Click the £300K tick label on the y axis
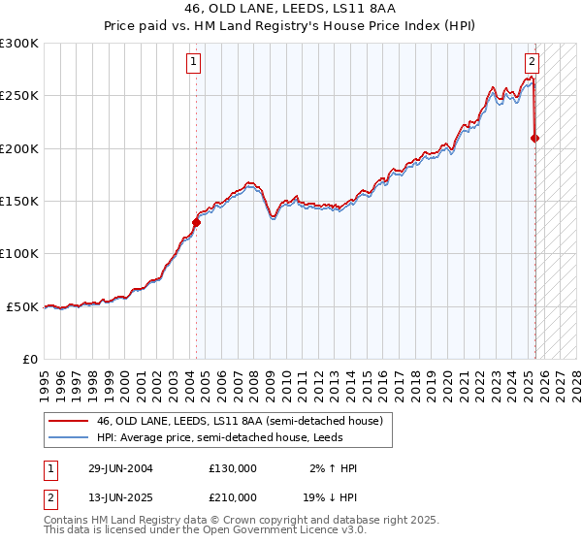click(x=19, y=44)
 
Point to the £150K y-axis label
click(x=19, y=202)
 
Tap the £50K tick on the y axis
click(x=23, y=306)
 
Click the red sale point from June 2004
click(x=196, y=222)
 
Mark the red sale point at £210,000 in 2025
click(x=534, y=139)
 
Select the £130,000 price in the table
click(x=233, y=468)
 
